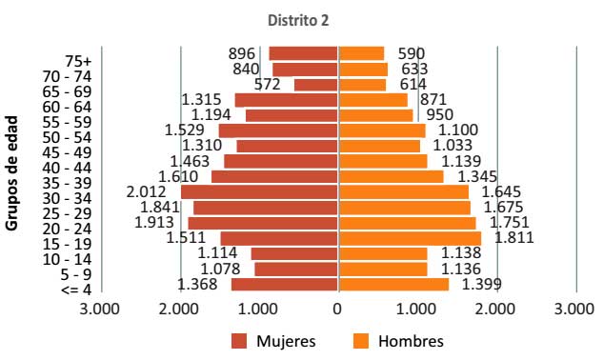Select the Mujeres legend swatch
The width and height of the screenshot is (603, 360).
[238, 341]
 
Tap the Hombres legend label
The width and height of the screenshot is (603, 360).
[411, 341]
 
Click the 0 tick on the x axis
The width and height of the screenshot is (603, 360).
[337, 310]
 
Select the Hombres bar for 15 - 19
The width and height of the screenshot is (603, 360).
[410, 238]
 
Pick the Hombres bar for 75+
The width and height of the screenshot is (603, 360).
[361, 53]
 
